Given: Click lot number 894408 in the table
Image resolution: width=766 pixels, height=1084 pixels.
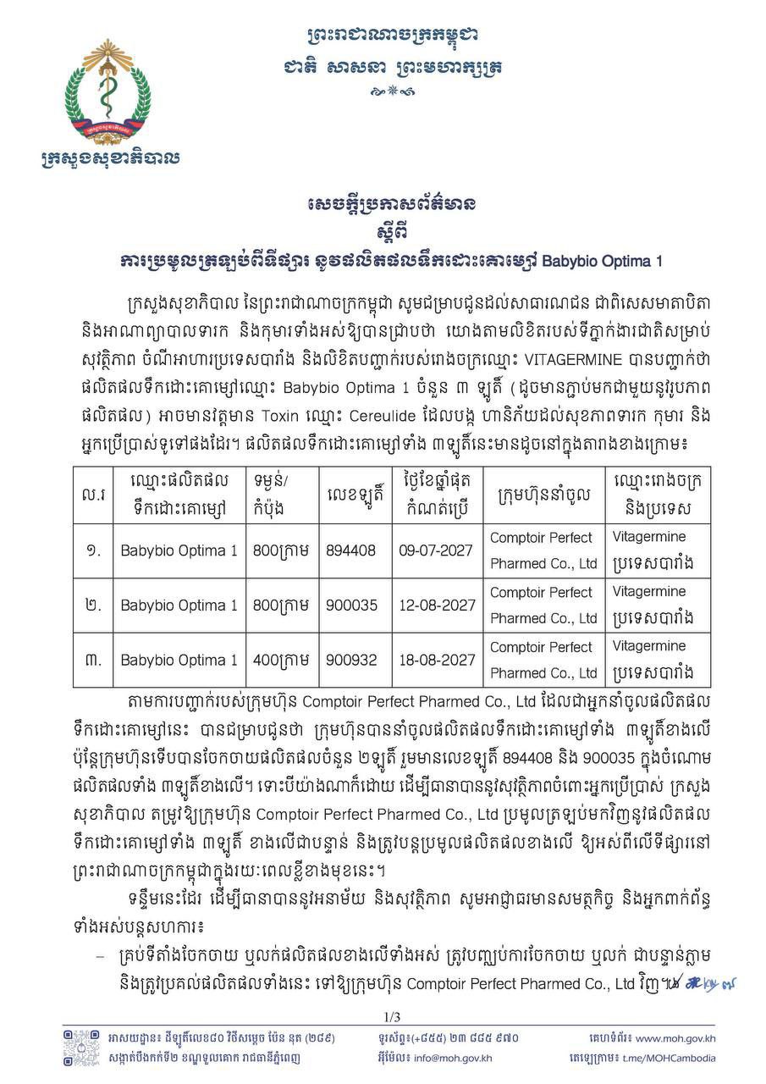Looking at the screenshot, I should tap(351, 550).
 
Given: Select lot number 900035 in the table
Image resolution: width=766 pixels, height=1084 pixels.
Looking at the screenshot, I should tap(351, 606).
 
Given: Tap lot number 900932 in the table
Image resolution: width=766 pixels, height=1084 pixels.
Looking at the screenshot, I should tap(351, 660).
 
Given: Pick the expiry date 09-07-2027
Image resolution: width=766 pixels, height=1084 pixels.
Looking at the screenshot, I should tap(437, 550).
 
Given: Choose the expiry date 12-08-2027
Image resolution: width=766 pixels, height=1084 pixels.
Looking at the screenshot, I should tap(437, 606).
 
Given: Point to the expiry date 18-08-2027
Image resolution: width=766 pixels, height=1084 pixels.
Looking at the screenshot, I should tap(437, 660).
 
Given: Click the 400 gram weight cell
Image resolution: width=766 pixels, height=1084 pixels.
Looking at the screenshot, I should tap(281, 660).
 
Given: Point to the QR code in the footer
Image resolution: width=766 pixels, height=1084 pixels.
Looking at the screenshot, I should tap(80, 1048).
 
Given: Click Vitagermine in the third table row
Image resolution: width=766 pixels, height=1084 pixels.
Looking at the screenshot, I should tap(649, 646).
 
